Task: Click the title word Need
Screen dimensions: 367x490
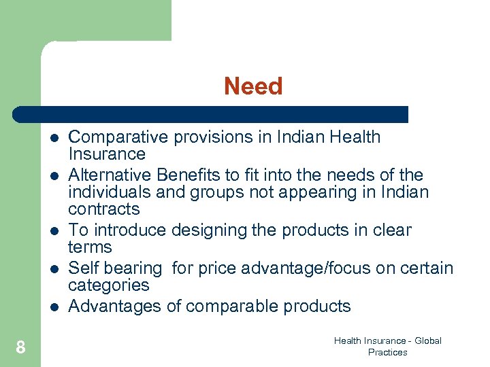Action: click(253, 86)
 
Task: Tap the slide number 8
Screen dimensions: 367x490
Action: click(20, 348)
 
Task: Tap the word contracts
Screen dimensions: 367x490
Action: click(104, 209)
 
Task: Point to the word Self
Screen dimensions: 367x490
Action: click(84, 268)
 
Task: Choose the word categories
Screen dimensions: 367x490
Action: click(109, 285)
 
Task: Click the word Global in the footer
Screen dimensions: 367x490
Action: click(427, 340)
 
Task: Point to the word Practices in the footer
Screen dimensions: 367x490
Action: click(387, 352)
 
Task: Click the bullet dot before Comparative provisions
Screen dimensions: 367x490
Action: click(54, 137)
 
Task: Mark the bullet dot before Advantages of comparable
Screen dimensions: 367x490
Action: click(54, 307)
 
